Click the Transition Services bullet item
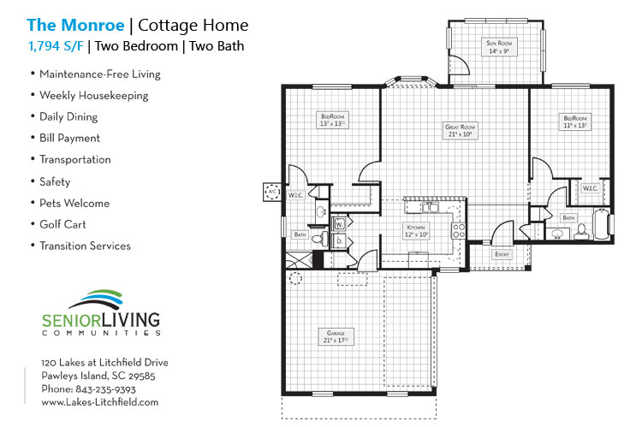(85, 246)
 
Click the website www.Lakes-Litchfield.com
(100, 401)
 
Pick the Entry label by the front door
(502, 254)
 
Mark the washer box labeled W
(339, 225)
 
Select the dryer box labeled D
(339, 242)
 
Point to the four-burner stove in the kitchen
(459, 229)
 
